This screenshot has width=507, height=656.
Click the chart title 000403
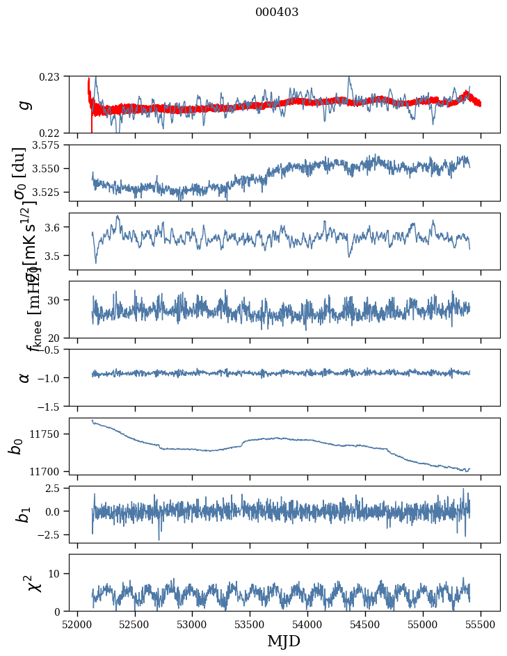click(277, 13)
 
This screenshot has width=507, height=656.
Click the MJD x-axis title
click(284, 641)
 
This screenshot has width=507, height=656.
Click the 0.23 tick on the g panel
click(51, 76)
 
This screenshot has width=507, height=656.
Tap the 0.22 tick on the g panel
click(51, 133)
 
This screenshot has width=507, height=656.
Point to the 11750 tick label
click(48, 434)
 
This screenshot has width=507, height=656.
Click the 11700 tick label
click(48, 471)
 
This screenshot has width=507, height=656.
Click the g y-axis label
click(25, 104)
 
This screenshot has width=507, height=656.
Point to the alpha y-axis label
click(25, 377)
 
